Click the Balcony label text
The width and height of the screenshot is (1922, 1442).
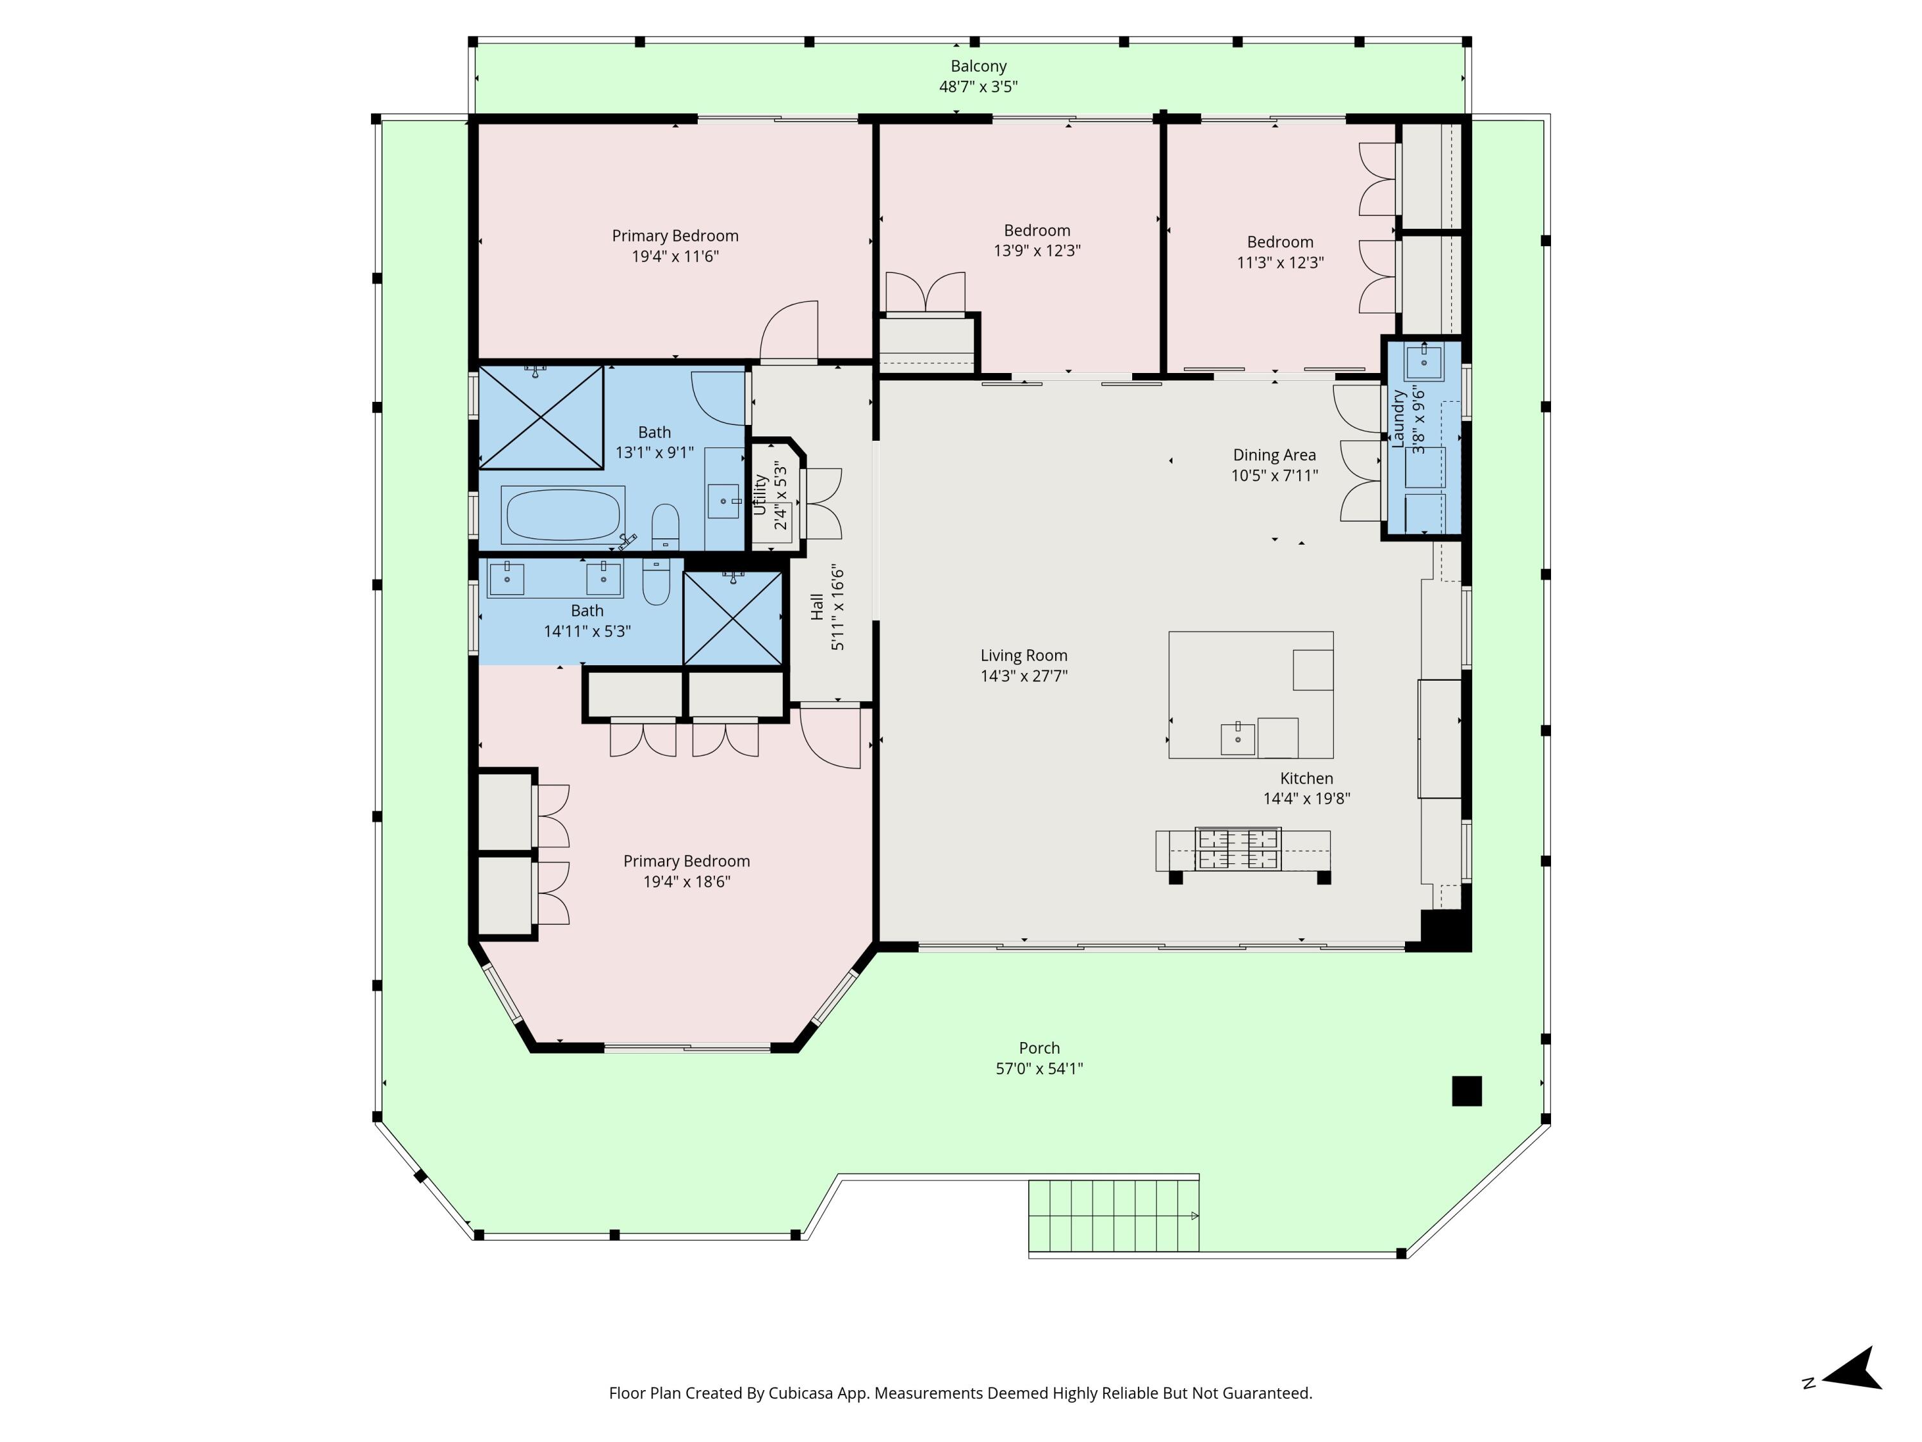pos(978,66)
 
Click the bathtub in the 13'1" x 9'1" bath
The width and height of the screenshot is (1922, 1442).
pos(562,515)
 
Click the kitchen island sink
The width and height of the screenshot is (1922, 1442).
pos(1237,738)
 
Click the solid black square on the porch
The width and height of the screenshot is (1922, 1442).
pos(1466,1091)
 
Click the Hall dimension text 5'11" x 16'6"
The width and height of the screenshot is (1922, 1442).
pos(837,608)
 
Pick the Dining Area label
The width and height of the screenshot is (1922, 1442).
pos(1274,454)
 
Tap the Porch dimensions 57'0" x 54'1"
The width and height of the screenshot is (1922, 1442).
pos(1039,1068)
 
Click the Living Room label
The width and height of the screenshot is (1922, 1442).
pos(1024,656)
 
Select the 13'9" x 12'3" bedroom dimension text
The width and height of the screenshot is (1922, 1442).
pos(1037,251)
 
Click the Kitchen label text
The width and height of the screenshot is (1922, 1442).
pos(1306,778)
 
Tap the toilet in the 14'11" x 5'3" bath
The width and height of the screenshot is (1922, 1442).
pos(656,581)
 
